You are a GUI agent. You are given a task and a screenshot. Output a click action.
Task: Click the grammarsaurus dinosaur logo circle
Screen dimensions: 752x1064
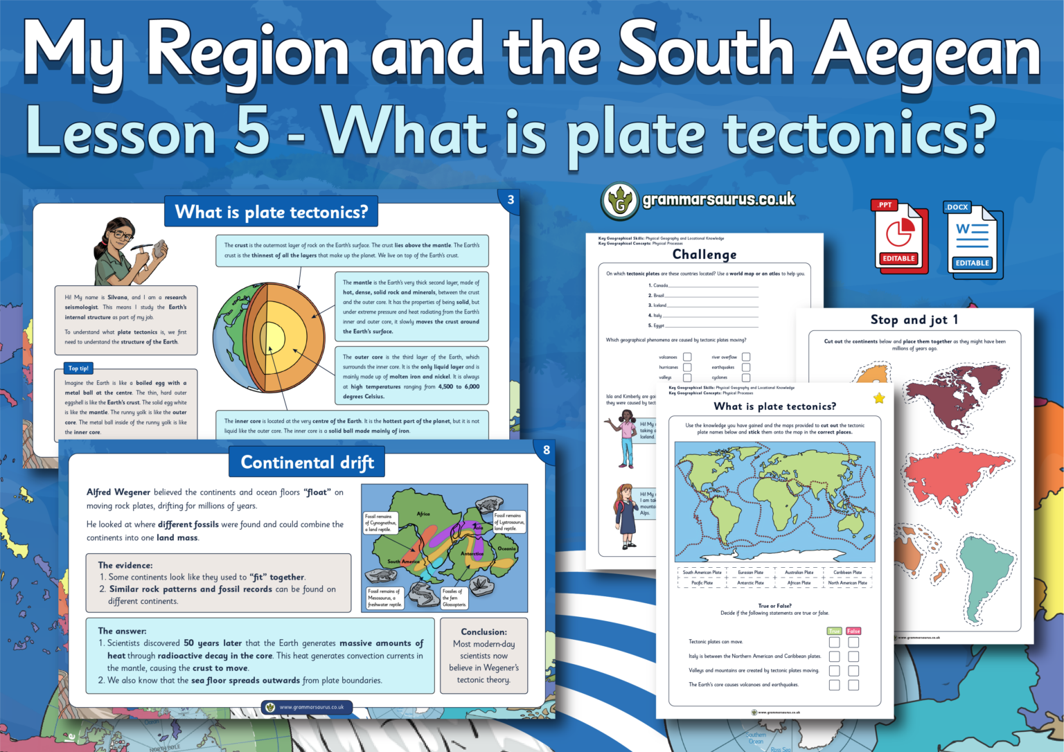(619, 202)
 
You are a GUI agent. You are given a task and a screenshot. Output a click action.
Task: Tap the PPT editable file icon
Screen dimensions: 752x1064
(899, 237)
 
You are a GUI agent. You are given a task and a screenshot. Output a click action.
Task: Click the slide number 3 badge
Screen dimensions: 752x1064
(511, 200)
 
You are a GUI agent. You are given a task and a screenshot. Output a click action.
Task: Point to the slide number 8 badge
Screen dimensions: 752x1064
(546, 450)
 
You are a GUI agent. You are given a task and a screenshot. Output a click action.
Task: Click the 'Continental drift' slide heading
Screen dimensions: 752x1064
(307, 463)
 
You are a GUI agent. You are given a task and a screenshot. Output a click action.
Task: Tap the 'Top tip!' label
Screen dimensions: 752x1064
(78, 368)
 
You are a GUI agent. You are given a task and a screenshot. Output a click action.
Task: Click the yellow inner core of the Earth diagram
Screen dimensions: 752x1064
(272, 339)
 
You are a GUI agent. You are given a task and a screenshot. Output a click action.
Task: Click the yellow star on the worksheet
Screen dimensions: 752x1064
(879, 398)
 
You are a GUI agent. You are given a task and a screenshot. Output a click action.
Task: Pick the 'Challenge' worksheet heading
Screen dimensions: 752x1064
(704, 254)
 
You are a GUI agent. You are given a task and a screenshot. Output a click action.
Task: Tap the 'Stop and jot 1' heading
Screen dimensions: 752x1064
(914, 319)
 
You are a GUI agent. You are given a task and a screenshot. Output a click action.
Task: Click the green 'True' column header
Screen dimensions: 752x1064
(834, 631)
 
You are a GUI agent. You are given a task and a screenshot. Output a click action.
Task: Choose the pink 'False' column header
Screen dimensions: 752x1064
(853, 631)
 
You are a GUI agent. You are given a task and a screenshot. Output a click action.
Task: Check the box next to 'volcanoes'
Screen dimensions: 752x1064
(687, 357)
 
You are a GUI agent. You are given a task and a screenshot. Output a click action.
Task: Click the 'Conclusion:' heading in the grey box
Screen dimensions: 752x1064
(484, 632)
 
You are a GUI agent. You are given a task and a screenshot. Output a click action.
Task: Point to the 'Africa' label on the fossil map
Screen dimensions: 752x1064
(423, 514)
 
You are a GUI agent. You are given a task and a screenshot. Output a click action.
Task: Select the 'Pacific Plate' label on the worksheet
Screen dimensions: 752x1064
(702, 583)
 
